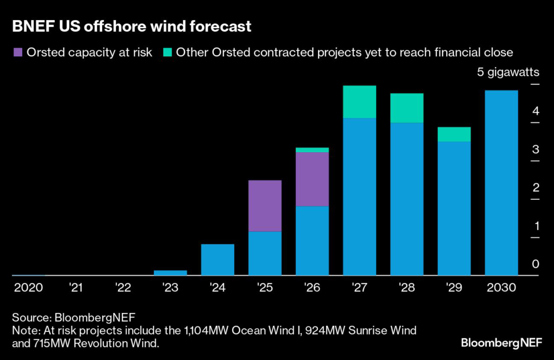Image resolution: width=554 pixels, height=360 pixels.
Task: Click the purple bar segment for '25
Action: click(x=265, y=206)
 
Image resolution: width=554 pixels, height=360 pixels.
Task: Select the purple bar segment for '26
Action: click(x=312, y=179)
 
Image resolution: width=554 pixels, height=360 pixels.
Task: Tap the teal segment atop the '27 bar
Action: click(x=360, y=102)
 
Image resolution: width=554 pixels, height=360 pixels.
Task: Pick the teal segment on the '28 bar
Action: click(x=407, y=108)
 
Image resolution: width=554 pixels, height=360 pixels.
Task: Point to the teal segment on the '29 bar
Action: click(x=454, y=134)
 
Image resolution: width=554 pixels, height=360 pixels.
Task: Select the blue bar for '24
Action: click(x=217, y=260)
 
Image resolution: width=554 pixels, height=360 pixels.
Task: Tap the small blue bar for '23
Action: click(x=170, y=273)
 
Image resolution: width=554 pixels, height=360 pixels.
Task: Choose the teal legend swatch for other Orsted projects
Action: click(x=167, y=53)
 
